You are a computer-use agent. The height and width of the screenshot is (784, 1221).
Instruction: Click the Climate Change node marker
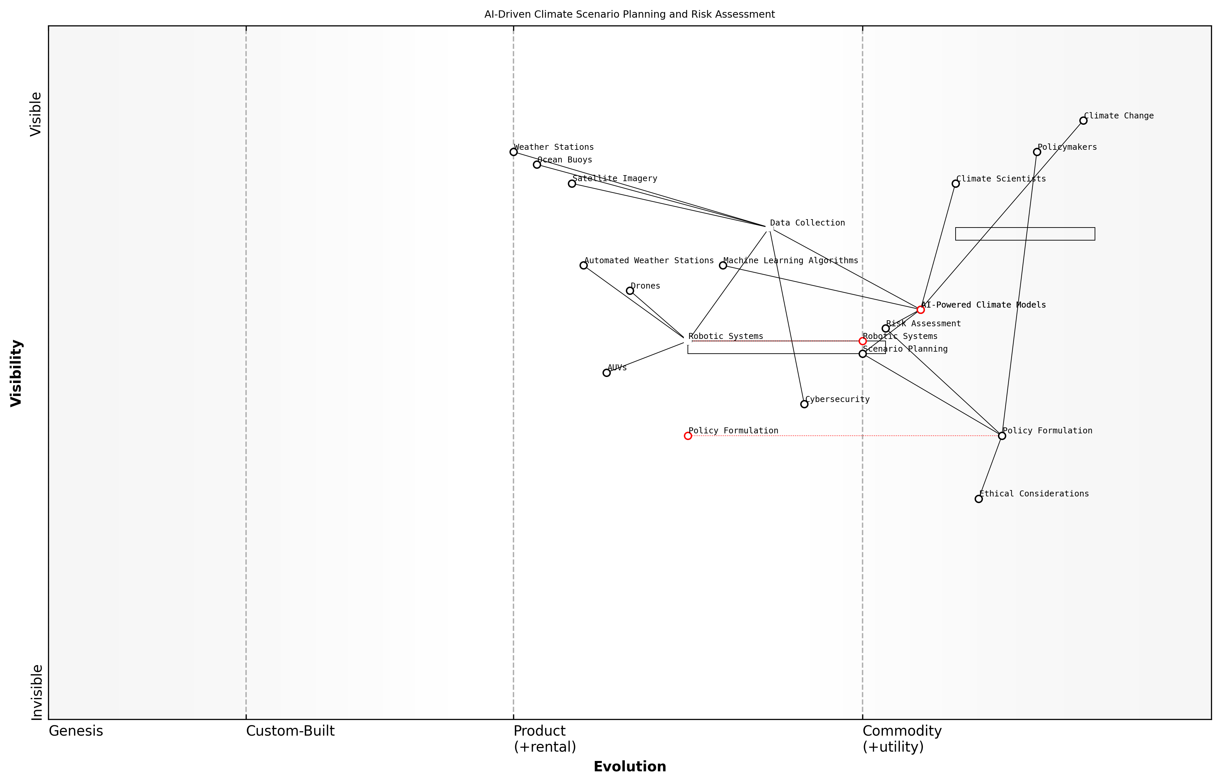[x=1083, y=121]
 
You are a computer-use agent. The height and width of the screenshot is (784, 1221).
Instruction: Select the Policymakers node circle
[x=1037, y=152]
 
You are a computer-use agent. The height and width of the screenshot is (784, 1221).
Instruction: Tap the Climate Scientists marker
[x=956, y=184]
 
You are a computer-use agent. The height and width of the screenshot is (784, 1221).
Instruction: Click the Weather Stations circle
[x=513, y=152]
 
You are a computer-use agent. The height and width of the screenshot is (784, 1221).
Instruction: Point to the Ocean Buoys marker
[x=537, y=164]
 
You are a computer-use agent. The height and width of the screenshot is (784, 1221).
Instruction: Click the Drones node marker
[x=630, y=291]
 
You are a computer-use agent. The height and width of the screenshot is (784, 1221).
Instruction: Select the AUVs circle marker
[x=606, y=373]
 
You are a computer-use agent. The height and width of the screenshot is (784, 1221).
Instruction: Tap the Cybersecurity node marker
[x=804, y=404]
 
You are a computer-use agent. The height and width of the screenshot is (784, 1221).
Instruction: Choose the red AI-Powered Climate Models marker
[x=920, y=310]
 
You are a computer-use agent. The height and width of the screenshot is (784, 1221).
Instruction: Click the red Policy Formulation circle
[x=688, y=436]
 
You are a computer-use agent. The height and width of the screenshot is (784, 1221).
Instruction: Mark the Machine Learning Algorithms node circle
[x=723, y=265]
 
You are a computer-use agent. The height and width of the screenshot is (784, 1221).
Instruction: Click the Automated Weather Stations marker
[x=583, y=265]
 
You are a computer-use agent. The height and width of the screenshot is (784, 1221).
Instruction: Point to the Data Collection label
[x=807, y=223]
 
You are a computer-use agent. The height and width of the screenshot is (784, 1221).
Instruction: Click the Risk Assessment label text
[x=923, y=324]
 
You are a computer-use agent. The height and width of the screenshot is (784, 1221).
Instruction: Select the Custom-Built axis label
[x=290, y=731]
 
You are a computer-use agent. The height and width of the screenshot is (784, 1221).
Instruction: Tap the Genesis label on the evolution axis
[x=76, y=731]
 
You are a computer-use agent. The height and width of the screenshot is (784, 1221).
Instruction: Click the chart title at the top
[x=629, y=14]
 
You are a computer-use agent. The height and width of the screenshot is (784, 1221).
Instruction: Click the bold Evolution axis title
[x=629, y=766]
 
